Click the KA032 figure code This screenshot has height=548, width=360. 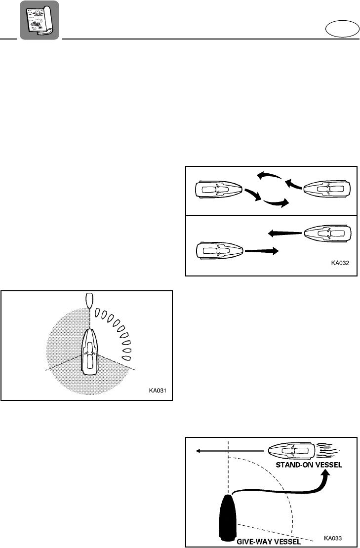point(340,263)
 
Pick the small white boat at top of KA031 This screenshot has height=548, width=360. point(89,300)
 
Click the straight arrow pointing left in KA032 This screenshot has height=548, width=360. point(283,233)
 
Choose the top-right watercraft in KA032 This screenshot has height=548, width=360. point(328,190)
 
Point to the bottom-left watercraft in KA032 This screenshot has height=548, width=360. point(220,251)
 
